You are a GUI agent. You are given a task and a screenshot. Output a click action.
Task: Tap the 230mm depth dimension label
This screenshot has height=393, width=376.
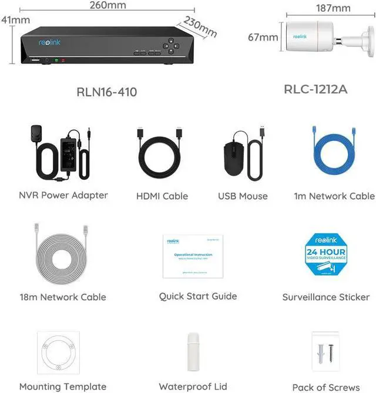click(200, 26)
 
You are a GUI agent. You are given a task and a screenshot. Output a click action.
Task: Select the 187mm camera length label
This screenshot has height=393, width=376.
click(333, 8)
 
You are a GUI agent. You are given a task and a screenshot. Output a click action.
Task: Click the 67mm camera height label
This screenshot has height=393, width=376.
click(263, 38)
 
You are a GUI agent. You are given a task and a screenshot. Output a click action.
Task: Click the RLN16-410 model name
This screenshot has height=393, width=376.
click(107, 92)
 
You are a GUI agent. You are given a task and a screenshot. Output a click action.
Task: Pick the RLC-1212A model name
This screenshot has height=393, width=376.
click(315, 89)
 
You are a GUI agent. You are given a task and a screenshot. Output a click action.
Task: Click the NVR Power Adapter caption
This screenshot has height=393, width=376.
click(63, 194)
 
